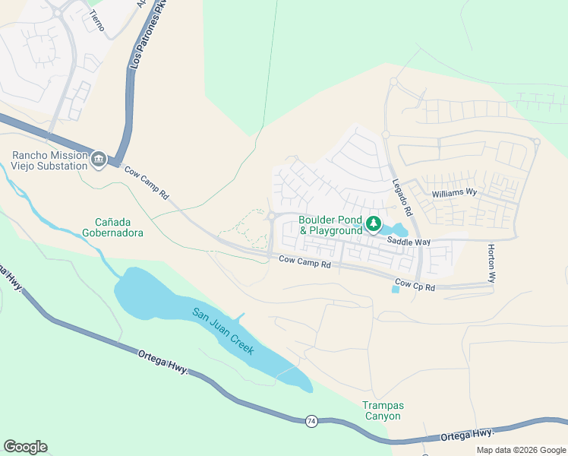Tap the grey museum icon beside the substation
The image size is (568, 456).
[x=98, y=160]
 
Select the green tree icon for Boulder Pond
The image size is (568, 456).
[x=373, y=223]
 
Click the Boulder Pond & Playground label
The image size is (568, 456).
[x=330, y=225]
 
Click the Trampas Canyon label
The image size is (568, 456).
[x=381, y=410]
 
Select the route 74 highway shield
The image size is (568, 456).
[x=311, y=420]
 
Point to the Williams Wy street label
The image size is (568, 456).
[x=454, y=193]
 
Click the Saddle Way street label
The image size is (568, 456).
[x=409, y=241]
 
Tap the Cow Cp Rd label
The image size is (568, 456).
[x=415, y=287]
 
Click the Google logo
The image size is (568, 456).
[x=25, y=447]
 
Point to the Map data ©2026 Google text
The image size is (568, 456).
[x=520, y=450]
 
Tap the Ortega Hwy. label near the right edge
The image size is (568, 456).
[x=467, y=434]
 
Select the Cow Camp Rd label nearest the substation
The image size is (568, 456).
[x=147, y=183]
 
